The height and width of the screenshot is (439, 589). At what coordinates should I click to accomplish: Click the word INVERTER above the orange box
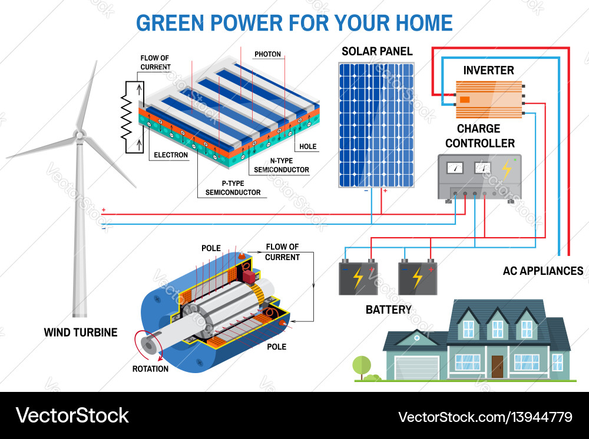[488, 70]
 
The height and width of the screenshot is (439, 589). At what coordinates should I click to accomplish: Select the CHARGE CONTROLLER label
[479, 136]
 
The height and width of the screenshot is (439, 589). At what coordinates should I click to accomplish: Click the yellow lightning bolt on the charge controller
[506, 169]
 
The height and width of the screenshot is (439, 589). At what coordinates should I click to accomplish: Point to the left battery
[358, 277]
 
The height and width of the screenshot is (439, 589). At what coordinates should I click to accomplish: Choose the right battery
[418, 277]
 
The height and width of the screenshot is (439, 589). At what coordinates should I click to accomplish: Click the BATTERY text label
[388, 310]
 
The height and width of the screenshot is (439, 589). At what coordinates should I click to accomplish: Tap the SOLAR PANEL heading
[377, 51]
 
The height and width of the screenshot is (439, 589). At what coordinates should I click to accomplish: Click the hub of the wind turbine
[78, 136]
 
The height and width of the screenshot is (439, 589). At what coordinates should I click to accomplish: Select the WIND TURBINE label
[81, 332]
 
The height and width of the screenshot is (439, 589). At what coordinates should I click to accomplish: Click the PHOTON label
[267, 54]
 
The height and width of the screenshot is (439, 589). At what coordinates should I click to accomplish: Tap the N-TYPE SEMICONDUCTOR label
[281, 165]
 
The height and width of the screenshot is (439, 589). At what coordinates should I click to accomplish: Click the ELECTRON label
[171, 155]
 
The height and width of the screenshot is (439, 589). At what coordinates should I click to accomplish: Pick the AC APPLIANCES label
[542, 271]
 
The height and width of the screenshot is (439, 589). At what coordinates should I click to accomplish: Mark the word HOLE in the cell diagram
[307, 147]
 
